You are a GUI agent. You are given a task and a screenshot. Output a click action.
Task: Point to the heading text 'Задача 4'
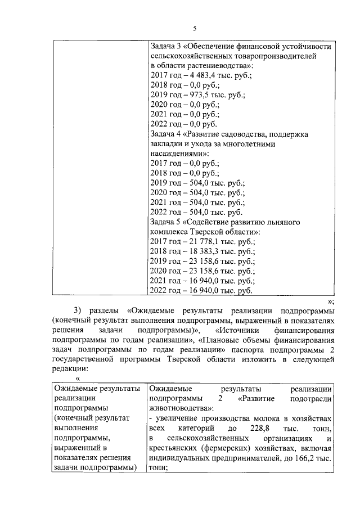click(x=167, y=134)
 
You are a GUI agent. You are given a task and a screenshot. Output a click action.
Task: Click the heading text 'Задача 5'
click(x=167, y=222)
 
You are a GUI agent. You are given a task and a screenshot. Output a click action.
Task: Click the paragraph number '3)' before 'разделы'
click(x=78, y=310)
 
